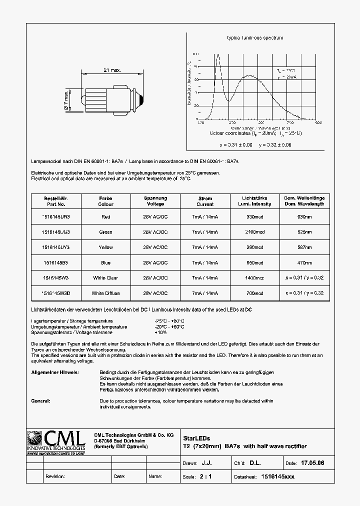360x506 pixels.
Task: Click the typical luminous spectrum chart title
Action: (x=255, y=38)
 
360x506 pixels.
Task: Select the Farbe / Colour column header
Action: (x=105, y=201)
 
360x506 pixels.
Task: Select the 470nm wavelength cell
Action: (x=304, y=262)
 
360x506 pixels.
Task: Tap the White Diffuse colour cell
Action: (x=105, y=293)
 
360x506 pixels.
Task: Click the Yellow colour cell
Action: (x=105, y=247)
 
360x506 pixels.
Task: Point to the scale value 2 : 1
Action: (x=205, y=476)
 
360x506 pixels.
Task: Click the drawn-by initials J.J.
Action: (x=213, y=463)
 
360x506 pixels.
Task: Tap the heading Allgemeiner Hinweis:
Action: (x=54, y=372)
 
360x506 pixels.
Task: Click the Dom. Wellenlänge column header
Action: (x=304, y=201)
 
